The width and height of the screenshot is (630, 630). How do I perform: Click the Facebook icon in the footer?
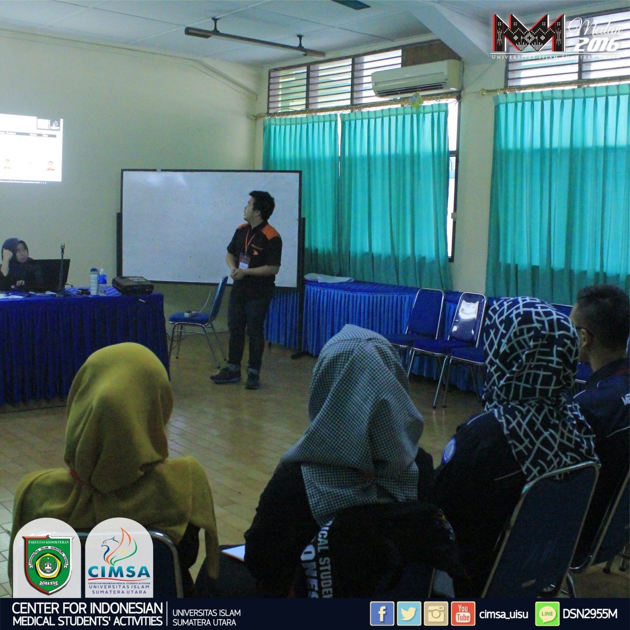click(382, 614)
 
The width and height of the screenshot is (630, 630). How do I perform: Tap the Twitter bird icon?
click(409, 614)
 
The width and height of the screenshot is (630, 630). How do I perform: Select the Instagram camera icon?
click(436, 614)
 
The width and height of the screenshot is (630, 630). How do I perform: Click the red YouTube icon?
click(463, 614)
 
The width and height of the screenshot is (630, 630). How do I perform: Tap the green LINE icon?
click(547, 614)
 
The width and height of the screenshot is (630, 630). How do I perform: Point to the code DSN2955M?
click(590, 614)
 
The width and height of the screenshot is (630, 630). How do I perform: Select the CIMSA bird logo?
click(119, 546)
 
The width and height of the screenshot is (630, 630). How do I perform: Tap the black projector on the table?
click(133, 285)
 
